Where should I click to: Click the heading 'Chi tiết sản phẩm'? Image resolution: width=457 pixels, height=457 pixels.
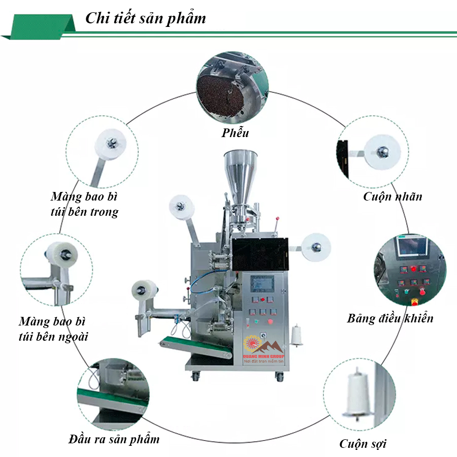click(x=145, y=19)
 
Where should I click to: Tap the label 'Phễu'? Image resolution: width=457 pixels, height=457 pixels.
click(x=235, y=134)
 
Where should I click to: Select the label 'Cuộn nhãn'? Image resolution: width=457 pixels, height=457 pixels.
click(x=393, y=197)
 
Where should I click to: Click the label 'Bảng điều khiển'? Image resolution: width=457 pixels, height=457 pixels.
click(x=390, y=318)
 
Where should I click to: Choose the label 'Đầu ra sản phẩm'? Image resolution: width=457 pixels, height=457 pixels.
click(x=114, y=439)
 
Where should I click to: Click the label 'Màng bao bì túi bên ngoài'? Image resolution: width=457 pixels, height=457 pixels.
click(x=53, y=329)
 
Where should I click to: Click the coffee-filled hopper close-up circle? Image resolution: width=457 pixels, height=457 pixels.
click(x=232, y=89)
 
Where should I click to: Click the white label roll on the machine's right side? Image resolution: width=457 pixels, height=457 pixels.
click(x=316, y=247)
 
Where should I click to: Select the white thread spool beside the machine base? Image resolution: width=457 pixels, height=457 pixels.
click(x=296, y=336)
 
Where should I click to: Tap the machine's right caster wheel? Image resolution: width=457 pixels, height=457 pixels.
click(x=279, y=376)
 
